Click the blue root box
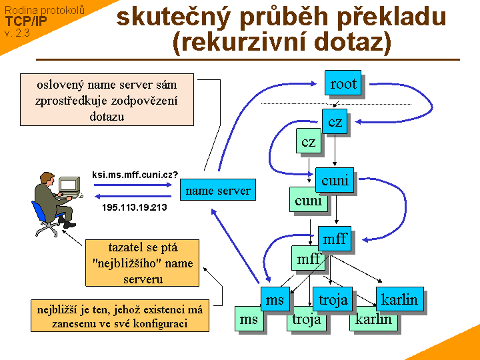click(x=343, y=83)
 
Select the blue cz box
click(x=335, y=121)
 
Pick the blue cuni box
click(x=335, y=180)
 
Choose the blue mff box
click(x=335, y=239)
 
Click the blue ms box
click(x=275, y=299)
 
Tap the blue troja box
click(x=333, y=299)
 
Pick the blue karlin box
click(x=400, y=299)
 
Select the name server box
click(x=218, y=191)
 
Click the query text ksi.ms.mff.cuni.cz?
click(x=135, y=175)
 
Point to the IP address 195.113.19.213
click(x=134, y=207)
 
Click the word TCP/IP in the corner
click(x=26, y=21)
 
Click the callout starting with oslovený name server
click(x=107, y=100)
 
